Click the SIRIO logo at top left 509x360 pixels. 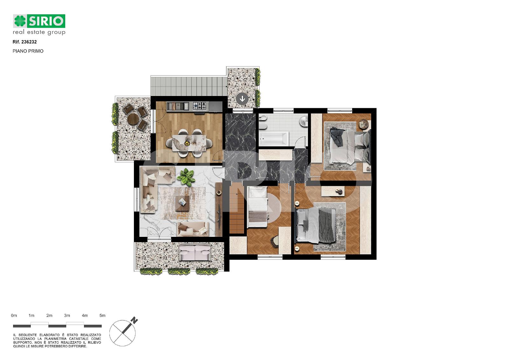click(x=39, y=24)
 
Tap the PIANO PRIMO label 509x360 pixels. click(x=28, y=51)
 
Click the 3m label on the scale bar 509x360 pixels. click(x=67, y=315)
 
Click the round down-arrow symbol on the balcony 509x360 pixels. click(x=242, y=99)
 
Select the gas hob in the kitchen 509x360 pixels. click(x=200, y=106)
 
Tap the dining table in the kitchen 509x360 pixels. click(x=189, y=143)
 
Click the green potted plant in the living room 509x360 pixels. click(x=186, y=177)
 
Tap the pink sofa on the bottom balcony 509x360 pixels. click(x=195, y=253)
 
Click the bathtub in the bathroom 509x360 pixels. click(x=274, y=138)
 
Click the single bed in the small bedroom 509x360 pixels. click(x=257, y=207)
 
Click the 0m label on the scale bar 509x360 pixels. click(x=14, y=315)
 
